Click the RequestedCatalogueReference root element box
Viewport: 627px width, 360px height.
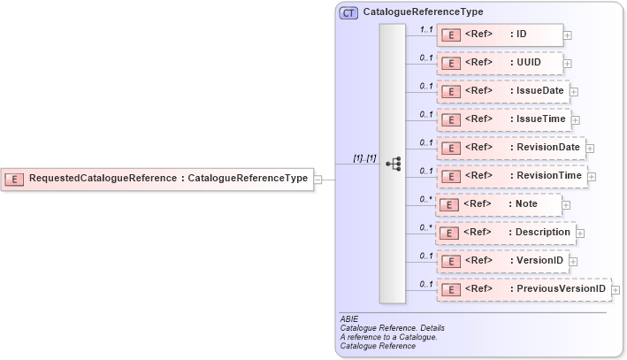coord(157,179)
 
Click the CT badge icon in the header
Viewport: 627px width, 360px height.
coord(348,13)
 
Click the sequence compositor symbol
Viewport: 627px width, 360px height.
coord(393,165)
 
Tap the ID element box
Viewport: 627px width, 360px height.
coord(500,35)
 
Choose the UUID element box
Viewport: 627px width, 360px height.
coord(500,64)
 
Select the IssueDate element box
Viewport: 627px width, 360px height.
coord(503,91)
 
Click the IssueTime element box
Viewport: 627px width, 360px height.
coord(503,119)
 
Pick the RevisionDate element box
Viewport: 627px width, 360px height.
coord(510,148)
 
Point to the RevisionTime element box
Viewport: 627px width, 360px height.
coord(511,176)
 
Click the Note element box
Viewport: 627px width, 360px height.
coord(500,204)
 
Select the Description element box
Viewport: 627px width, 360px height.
coord(506,233)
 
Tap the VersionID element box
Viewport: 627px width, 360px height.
coord(501,261)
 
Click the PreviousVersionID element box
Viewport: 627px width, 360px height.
coord(524,289)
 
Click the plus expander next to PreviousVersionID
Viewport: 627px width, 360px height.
coord(616,290)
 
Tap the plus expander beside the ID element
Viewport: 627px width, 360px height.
coord(567,36)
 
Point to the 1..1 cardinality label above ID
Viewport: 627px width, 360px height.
coord(425,29)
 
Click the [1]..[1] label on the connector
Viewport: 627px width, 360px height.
coord(364,158)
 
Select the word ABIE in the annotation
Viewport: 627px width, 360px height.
coord(348,318)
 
